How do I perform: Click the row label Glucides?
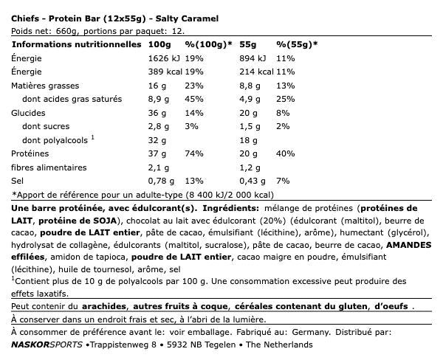(x=28, y=113)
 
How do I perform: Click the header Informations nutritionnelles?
(x=76, y=44)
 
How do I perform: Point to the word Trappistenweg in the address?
(x=118, y=345)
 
